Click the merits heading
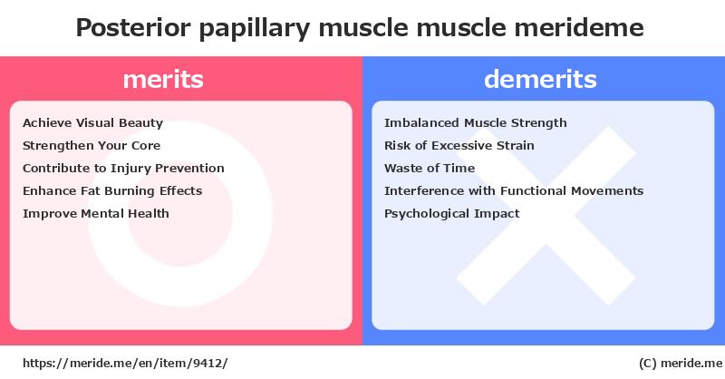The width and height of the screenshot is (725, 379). pos(163,79)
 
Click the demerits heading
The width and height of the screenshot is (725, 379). pos(540,79)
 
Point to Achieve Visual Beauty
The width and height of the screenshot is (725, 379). pos(92,122)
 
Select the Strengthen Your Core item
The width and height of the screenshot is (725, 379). pos(92,145)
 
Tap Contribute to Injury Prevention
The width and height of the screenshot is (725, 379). pos(123,168)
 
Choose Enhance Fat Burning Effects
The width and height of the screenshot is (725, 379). pos(112,190)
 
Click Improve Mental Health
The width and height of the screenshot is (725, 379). pos(96,213)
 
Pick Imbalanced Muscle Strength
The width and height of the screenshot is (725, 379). pos(475,122)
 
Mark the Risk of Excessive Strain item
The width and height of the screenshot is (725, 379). pos(459,145)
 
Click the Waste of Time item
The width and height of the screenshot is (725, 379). pos(430,168)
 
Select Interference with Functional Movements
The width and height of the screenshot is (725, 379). pos(514,190)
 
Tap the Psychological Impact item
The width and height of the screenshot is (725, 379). pos(452,213)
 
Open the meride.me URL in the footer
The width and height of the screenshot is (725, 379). pos(124,363)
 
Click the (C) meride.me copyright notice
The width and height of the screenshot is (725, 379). pos(676,363)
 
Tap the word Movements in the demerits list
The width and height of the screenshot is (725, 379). pos(607,190)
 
